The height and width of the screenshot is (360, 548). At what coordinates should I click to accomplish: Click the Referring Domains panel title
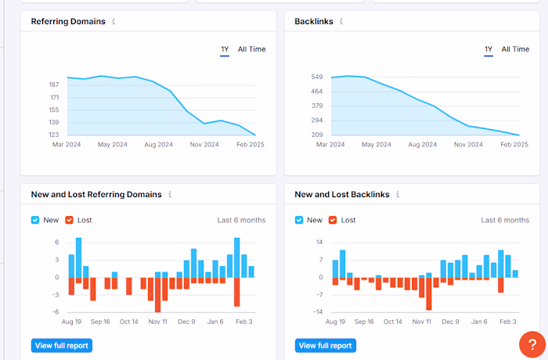tap(68, 21)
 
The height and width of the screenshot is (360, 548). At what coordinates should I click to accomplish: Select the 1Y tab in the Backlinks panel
tap(489, 49)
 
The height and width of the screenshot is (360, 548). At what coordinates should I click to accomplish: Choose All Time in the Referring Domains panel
tap(251, 49)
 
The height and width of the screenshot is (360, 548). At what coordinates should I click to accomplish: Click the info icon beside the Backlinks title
tap(341, 21)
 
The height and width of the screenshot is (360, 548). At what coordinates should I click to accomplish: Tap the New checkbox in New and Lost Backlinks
tap(299, 220)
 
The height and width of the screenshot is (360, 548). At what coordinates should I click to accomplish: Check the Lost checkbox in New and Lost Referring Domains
tap(70, 220)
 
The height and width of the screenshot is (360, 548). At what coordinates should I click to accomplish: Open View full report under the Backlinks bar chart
tap(325, 345)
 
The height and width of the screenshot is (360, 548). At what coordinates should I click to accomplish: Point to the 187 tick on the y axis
tap(54, 85)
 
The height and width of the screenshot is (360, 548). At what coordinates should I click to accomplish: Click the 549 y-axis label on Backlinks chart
tap(317, 77)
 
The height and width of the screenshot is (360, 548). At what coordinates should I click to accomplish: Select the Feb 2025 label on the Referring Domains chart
tap(251, 145)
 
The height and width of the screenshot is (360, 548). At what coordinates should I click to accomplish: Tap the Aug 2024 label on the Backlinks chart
tap(423, 145)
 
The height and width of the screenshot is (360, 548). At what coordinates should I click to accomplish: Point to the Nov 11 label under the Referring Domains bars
tap(158, 322)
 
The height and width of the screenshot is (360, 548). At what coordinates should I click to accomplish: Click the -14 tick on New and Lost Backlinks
tap(319, 312)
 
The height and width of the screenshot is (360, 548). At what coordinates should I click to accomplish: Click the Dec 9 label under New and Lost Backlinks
tap(451, 322)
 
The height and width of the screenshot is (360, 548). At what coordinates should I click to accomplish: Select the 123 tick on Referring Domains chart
tap(54, 135)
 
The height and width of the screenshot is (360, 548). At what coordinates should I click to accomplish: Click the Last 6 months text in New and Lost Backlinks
tap(505, 220)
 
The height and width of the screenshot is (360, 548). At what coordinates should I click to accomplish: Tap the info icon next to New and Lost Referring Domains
tap(170, 194)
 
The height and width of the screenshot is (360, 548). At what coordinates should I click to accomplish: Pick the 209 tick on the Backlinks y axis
tap(317, 135)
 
